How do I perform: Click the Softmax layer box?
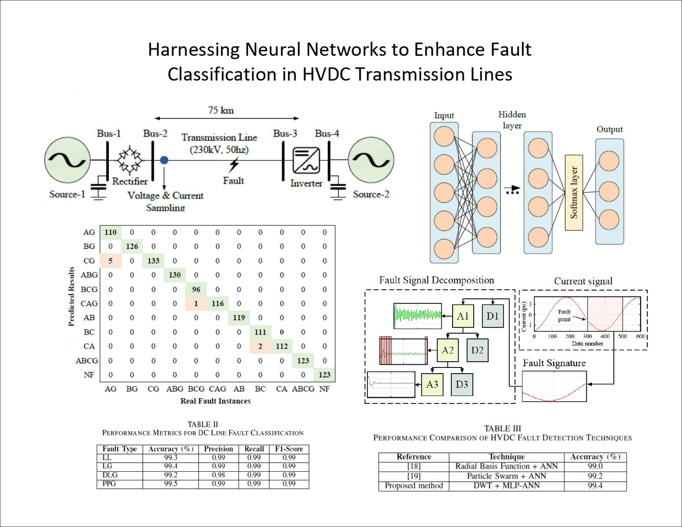tap(573, 193)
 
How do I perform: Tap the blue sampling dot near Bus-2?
tap(164, 160)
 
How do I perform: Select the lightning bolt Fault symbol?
tap(234, 165)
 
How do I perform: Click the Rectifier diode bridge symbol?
tap(130, 160)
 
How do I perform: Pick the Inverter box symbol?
tap(306, 161)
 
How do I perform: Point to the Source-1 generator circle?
tap(67, 160)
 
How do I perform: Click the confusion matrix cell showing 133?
tap(153, 261)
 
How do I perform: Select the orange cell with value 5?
tap(110, 261)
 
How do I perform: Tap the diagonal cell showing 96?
tap(196, 289)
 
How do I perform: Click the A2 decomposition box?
tap(447, 350)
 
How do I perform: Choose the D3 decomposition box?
tap(462, 385)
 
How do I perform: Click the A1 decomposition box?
tap(463, 316)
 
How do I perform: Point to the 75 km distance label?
tap(221, 110)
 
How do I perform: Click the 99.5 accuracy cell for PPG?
tap(170, 483)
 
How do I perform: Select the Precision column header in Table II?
tap(218, 449)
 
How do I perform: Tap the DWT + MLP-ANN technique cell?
tap(506, 486)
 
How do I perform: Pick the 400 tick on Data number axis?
tap(605, 336)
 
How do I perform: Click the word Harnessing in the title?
tap(193, 50)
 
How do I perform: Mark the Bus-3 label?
tap(285, 133)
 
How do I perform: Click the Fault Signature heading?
tap(554, 363)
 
